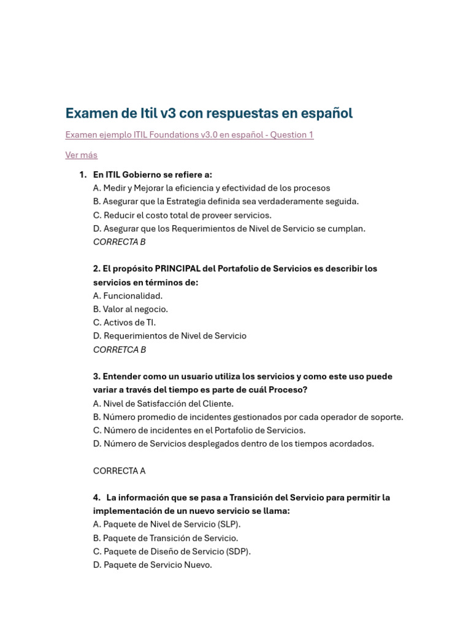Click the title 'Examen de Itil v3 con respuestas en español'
(209, 113)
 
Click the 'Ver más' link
(81, 155)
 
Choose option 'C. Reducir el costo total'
(182, 215)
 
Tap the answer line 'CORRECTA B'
(120, 242)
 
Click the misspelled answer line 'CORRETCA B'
(120, 350)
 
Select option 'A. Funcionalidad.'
(128, 296)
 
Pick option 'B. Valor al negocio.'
(131, 310)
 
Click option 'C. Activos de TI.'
(124, 323)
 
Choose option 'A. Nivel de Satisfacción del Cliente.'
(163, 404)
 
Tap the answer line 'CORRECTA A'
(120, 471)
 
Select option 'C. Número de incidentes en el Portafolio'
(199, 431)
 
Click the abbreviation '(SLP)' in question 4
(228, 524)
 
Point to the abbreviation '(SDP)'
(238, 551)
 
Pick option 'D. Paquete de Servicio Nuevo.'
(153, 565)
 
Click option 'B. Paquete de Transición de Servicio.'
(166, 538)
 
